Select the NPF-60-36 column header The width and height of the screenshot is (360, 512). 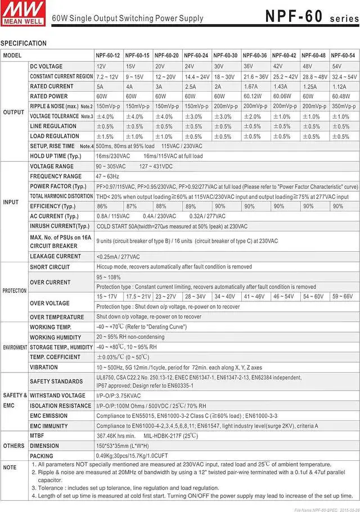pos(255,56)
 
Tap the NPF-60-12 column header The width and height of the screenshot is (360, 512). pos(109,56)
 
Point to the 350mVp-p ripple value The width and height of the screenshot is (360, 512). pos(343,106)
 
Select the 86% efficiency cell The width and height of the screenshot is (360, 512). pos(102,206)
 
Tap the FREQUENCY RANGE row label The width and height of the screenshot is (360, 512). pos(56,176)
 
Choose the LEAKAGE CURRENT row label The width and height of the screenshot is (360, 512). pos(56,256)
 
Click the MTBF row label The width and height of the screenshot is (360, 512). pos(37,436)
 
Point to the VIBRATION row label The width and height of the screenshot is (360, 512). pos(44,368)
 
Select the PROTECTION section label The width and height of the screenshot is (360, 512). pos(14,291)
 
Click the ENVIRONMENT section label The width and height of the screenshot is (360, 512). pos(14,347)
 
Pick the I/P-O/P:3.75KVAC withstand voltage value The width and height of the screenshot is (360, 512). pos(119,396)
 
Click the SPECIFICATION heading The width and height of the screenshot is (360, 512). pos(24,43)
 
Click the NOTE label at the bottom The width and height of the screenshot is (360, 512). pos(10,468)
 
